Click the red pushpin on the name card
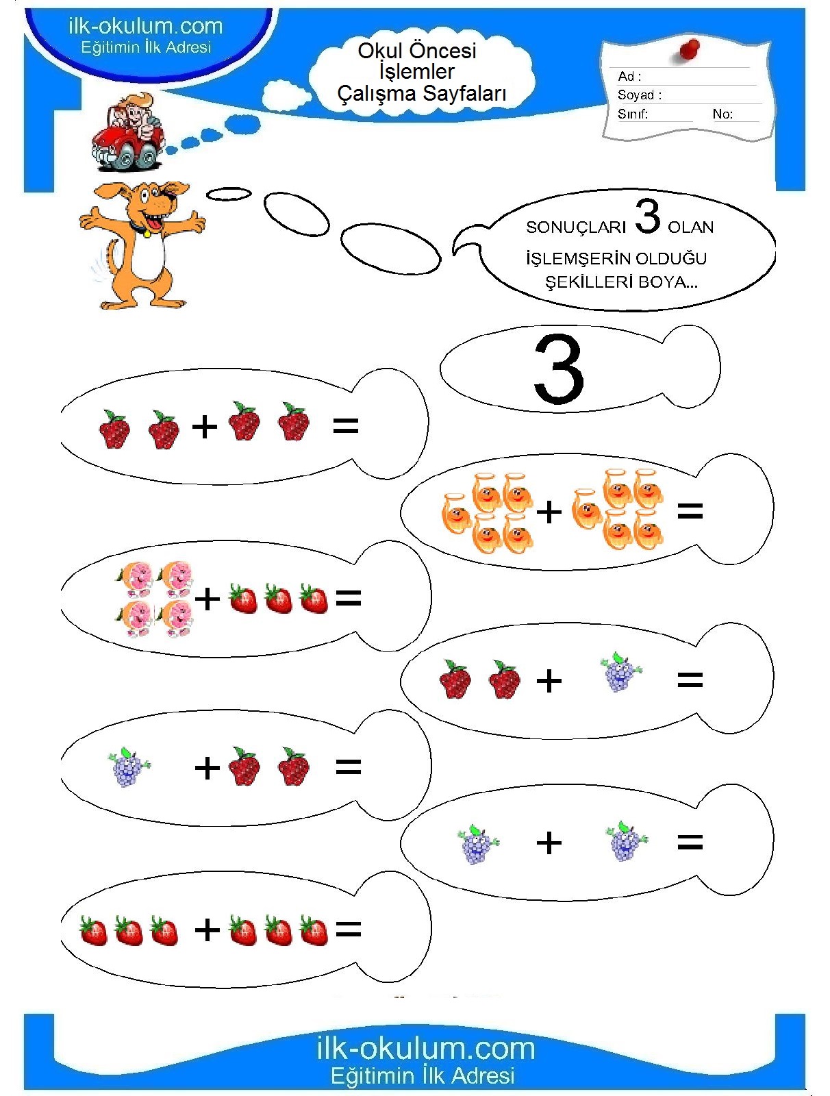pos(690,50)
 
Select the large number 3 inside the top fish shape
pos(559,369)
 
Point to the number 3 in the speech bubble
pos(647,216)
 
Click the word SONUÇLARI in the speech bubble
pos(575,227)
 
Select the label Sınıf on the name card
pos(632,114)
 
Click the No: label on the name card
pos(722,114)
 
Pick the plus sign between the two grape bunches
pos(549,843)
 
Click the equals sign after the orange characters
pos(690,511)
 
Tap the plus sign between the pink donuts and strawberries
pos(207,599)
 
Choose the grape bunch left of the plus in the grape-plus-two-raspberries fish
pos(128,767)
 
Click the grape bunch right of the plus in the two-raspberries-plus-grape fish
pos(621,671)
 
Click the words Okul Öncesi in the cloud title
pos(417,51)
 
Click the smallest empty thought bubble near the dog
pos(229,193)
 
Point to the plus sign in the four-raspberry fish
pos(205,427)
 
